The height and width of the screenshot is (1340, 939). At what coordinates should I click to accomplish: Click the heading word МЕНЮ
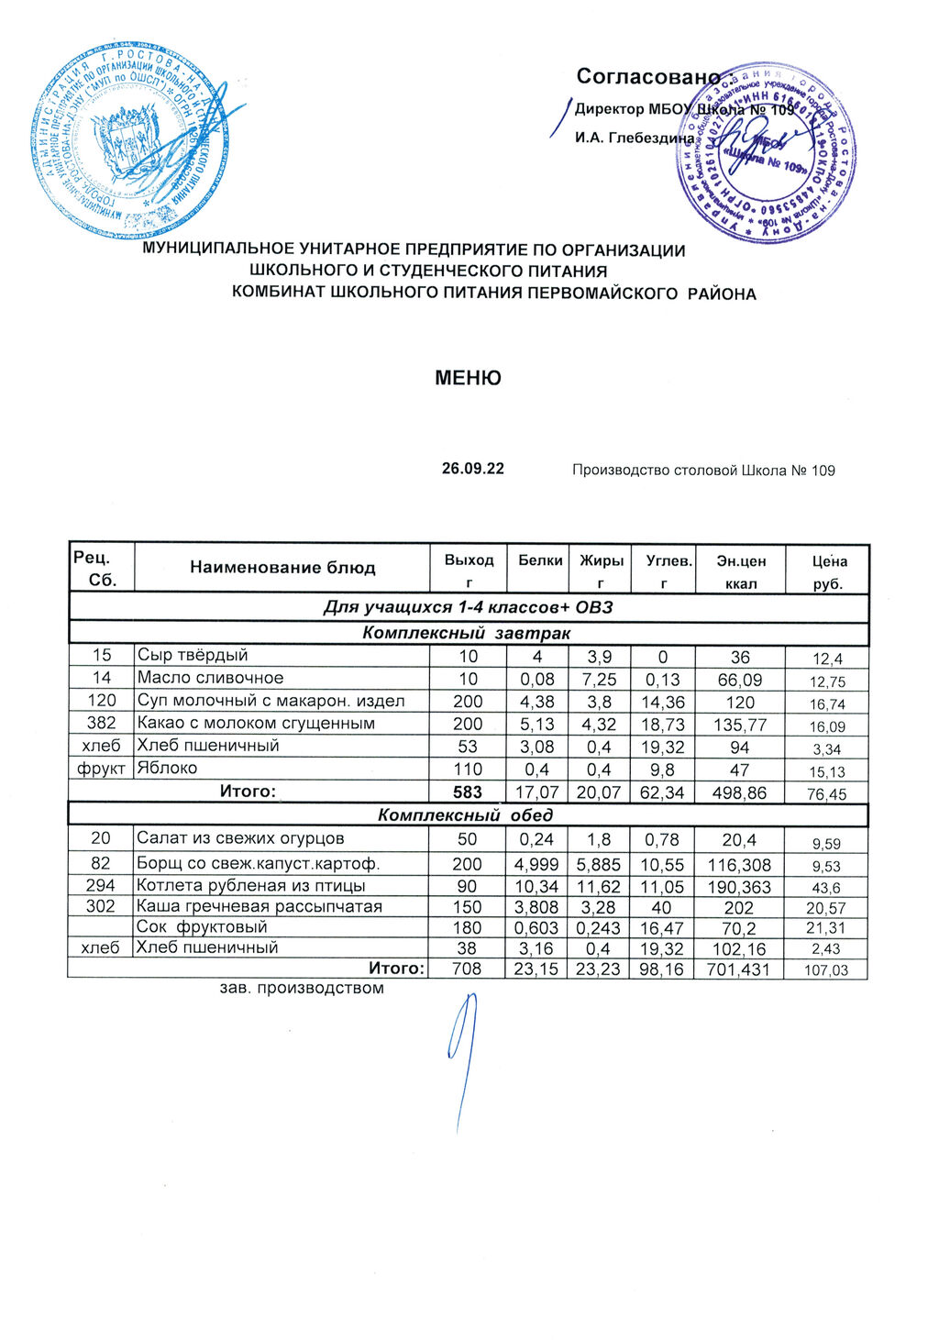[468, 378]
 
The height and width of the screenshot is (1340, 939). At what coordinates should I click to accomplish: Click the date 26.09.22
[472, 469]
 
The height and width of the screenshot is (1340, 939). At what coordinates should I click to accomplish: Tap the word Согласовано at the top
[647, 77]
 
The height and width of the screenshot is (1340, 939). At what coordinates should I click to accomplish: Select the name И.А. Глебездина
[634, 138]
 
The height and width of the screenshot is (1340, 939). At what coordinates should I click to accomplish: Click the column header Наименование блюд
[282, 568]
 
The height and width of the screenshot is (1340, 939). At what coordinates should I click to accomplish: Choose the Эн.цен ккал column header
[740, 570]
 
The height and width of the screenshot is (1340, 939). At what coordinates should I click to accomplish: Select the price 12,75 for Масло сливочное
[826, 681]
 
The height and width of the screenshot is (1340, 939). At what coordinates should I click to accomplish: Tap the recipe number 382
[101, 723]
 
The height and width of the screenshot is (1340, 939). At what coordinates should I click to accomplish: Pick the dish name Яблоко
[167, 768]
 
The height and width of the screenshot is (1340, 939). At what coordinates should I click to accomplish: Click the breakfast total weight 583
[468, 792]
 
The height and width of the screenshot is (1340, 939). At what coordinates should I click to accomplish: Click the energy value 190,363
[740, 887]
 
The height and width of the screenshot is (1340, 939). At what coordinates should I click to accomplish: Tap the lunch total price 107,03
[826, 970]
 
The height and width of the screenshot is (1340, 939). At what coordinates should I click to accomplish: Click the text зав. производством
[302, 989]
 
